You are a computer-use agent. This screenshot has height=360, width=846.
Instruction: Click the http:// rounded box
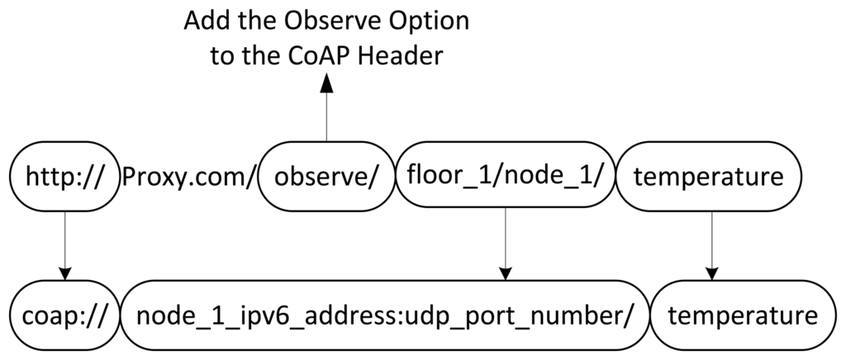62,177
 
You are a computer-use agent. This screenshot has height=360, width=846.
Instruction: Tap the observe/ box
326,177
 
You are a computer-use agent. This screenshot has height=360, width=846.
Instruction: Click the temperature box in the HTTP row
710,177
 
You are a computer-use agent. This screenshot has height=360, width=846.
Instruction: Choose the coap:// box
62,315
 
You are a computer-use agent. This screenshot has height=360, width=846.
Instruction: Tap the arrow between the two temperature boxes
710,244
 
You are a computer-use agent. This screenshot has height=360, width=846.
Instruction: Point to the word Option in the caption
431,20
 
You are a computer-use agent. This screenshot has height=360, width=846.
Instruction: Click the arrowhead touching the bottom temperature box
710,273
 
